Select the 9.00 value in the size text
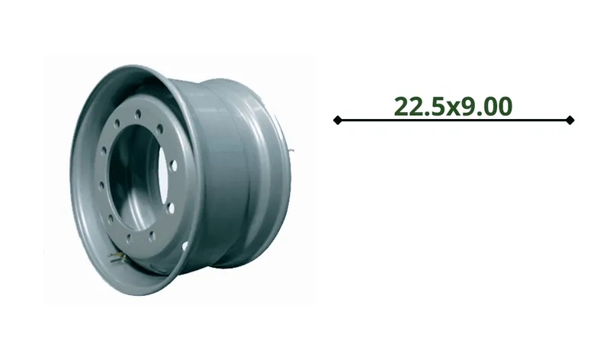[x=484, y=106]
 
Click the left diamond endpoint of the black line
[x=337, y=120]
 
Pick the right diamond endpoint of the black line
[x=570, y=120]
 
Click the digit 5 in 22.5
[x=438, y=106]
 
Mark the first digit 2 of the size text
[x=402, y=106]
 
